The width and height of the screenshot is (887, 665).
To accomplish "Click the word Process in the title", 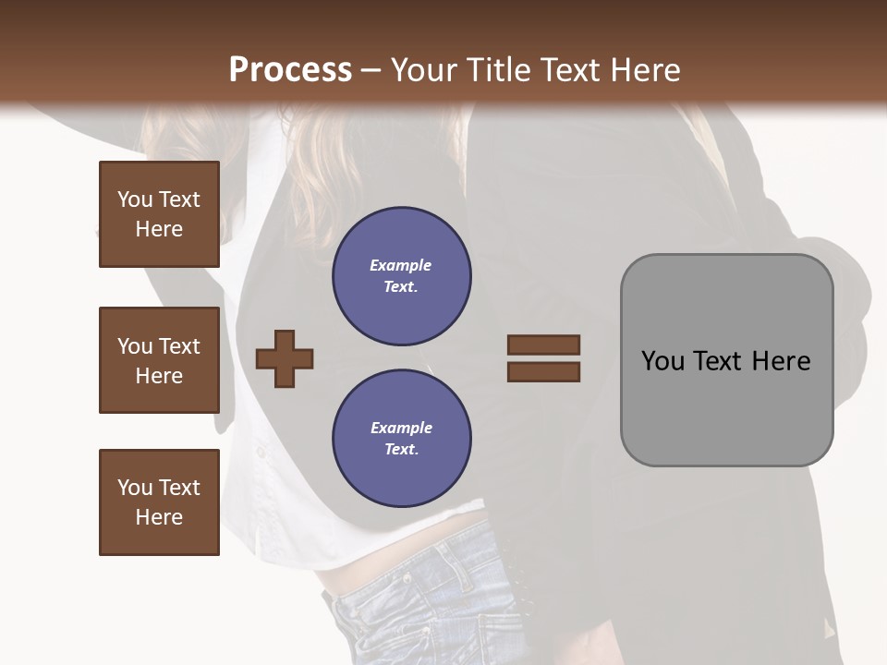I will click(290, 70).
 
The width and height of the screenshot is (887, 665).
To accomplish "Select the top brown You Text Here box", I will click(159, 214).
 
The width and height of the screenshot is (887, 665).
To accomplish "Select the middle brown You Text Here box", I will click(159, 360).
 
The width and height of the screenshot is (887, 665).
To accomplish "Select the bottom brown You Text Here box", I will click(159, 502).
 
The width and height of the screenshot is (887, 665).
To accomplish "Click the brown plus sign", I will click(285, 358).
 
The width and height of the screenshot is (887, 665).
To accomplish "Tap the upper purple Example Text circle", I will click(401, 276).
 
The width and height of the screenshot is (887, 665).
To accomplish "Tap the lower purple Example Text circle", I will click(401, 439).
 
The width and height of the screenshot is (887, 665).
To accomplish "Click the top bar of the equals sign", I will click(543, 345).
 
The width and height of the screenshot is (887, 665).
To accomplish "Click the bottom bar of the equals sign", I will click(543, 372).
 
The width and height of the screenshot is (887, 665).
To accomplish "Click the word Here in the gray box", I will click(782, 361).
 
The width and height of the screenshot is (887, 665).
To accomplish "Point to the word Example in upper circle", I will click(400, 265).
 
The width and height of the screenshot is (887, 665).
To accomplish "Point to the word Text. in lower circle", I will click(401, 450).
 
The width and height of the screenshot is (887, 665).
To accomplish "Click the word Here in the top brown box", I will click(159, 229).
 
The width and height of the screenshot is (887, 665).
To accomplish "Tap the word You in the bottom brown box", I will click(135, 488).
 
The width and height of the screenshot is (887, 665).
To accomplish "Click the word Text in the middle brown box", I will click(178, 346).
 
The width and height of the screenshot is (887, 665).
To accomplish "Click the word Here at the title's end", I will click(644, 70).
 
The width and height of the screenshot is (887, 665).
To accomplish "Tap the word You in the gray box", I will click(663, 361).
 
